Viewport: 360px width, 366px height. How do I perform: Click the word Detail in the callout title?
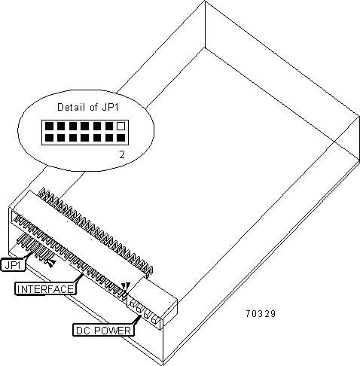tap(71, 107)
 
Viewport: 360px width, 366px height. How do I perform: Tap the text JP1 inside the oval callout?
tap(110, 107)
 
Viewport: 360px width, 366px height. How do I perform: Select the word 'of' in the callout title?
tap(93, 107)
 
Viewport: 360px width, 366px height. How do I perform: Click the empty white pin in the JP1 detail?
tap(121, 126)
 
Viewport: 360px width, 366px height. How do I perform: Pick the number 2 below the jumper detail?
tap(122, 155)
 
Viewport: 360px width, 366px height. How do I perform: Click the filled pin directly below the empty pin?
tap(121, 138)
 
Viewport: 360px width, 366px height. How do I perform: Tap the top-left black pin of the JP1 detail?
tap(49, 126)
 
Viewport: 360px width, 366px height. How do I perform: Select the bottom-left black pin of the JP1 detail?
tap(49, 138)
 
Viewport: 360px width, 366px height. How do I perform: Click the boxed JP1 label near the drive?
tap(14, 264)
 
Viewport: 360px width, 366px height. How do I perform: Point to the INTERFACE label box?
tap(45, 288)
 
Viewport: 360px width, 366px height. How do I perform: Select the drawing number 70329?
tap(261, 314)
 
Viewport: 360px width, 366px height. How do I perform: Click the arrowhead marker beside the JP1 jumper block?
tap(51, 263)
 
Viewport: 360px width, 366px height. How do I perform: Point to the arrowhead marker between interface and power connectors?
tap(125, 286)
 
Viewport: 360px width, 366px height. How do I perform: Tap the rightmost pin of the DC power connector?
tap(154, 319)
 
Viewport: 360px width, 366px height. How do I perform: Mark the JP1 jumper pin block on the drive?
tap(35, 247)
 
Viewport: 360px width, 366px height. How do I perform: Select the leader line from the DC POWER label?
tap(137, 319)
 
